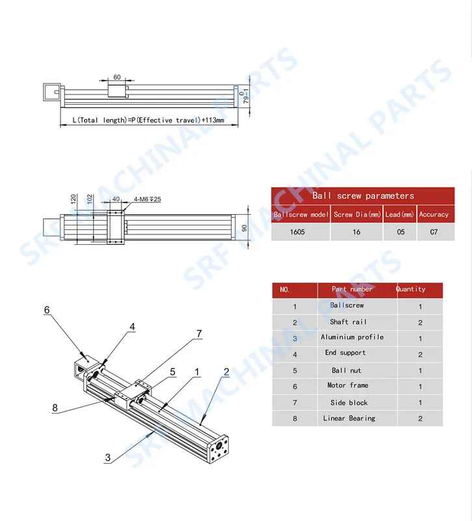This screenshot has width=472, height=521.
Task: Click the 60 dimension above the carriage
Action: click(117, 77)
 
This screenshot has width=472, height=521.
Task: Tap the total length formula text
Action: click(148, 120)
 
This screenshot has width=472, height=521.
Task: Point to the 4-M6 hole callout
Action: click(148, 199)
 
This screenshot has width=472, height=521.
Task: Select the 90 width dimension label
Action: click(244, 228)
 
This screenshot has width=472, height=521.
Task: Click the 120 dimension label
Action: click(73, 199)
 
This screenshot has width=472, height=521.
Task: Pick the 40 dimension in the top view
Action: click(116, 199)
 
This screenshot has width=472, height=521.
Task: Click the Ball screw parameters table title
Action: click(363, 196)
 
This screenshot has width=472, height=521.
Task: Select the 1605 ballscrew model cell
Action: click(297, 232)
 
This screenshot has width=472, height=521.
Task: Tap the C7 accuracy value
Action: click(434, 232)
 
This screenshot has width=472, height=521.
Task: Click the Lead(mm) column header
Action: click(400, 214)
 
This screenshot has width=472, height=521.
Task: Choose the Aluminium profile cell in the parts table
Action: click(352, 337)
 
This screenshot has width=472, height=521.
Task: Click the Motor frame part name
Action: click(348, 385)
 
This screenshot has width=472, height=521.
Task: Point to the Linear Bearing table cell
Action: click(349, 418)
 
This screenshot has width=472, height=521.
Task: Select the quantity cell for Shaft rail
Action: click(420, 322)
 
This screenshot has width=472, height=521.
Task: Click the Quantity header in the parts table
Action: click(411, 289)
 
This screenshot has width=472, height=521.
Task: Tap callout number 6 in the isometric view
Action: click(47, 310)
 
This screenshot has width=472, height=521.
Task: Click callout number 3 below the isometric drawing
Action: click(108, 458)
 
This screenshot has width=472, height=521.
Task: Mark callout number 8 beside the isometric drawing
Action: click(55, 408)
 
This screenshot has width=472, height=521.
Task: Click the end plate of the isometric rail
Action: click(218, 449)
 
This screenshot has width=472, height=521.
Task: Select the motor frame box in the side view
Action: click(52, 92)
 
